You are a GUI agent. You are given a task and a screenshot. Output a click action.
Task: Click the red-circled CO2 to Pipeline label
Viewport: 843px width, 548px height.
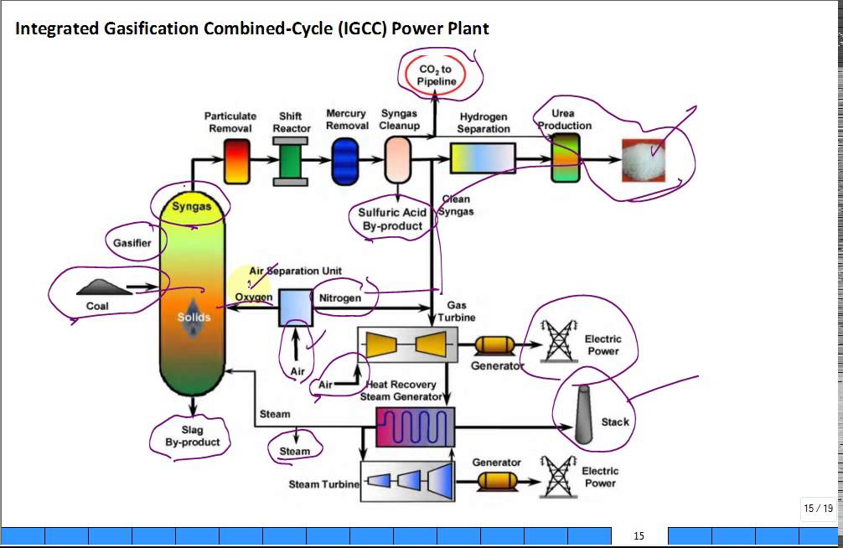pos(437,75)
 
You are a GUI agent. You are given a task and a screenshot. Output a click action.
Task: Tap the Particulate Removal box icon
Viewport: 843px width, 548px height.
pos(237,161)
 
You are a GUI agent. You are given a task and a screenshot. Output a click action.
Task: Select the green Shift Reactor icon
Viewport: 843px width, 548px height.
pos(291,161)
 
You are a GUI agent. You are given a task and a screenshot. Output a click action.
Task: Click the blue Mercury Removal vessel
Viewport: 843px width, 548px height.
pos(345,161)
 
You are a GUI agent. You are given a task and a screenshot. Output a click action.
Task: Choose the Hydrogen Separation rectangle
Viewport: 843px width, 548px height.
pos(483,158)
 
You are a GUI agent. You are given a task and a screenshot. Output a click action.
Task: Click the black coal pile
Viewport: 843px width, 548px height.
pos(100,287)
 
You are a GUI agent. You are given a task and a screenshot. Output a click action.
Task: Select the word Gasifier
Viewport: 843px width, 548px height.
pos(132,243)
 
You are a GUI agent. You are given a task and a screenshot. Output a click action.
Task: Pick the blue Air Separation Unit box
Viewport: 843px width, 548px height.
pos(295,308)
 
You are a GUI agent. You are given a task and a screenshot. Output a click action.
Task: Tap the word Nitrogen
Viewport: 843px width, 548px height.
pos(340,297)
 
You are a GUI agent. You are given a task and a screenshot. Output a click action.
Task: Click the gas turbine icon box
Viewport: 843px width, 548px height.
pos(407,344)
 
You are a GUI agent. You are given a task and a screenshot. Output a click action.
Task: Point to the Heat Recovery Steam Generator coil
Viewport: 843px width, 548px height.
pos(414,427)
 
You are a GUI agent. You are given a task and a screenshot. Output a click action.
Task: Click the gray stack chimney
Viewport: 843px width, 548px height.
pos(584,416)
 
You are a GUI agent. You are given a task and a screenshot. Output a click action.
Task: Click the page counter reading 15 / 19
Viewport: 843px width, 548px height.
pos(818,508)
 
